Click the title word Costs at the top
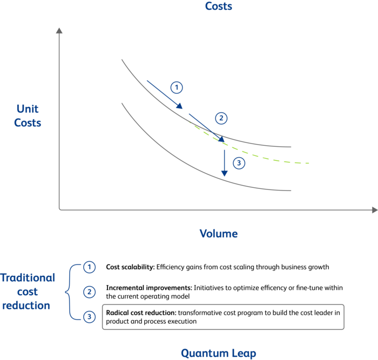218,6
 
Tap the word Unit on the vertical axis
28,110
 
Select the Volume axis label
218,234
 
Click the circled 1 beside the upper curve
176,87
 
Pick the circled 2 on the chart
220,119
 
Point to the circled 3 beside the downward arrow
238,163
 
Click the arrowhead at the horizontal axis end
373,209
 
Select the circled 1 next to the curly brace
89,267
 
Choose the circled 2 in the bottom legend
89,292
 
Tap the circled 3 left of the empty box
89,317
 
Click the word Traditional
27,279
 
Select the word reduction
26,305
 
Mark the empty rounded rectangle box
222,317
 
